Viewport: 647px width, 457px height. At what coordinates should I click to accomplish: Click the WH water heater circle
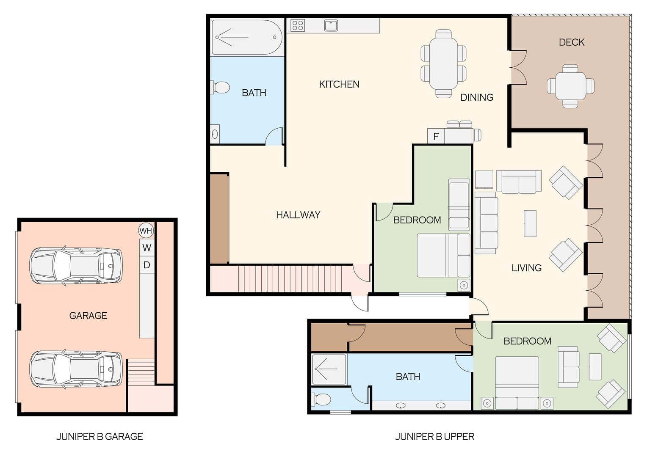(x=146, y=231)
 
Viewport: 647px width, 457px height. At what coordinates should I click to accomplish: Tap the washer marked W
(x=147, y=248)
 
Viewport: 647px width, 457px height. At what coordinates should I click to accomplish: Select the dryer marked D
(x=147, y=265)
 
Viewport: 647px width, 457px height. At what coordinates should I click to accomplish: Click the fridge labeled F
(x=436, y=136)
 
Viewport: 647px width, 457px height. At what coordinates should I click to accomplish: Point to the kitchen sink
(x=331, y=25)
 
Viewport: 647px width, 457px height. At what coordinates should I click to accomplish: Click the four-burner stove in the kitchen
(x=298, y=25)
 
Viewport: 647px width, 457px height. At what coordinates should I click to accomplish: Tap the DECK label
(x=572, y=42)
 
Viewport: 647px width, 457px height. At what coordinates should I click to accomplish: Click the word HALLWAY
(x=298, y=215)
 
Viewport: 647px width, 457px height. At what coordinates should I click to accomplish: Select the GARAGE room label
(x=88, y=316)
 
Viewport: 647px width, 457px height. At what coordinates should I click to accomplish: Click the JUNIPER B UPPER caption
(x=435, y=437)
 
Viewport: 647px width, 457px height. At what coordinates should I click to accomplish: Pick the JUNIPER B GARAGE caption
(x=100, y=437)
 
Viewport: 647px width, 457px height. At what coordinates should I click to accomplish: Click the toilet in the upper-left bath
(x=220, y=87)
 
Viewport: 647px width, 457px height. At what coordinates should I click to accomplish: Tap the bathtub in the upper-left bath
(x=247, y=37)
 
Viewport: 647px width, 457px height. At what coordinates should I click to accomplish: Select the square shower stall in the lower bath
(x=329, y=369)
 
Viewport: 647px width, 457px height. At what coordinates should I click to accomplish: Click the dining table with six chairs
(x=444, y=63)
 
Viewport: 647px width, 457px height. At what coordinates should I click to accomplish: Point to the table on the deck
(x=570, y=86)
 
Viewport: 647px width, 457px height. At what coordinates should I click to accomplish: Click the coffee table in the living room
(x=530, y=223)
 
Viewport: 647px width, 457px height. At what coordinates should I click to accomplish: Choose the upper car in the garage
(x=76, y=266)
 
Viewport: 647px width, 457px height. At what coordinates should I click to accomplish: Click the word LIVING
(x=527, y=268)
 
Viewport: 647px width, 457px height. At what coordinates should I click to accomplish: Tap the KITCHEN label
(x=340, y=84)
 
